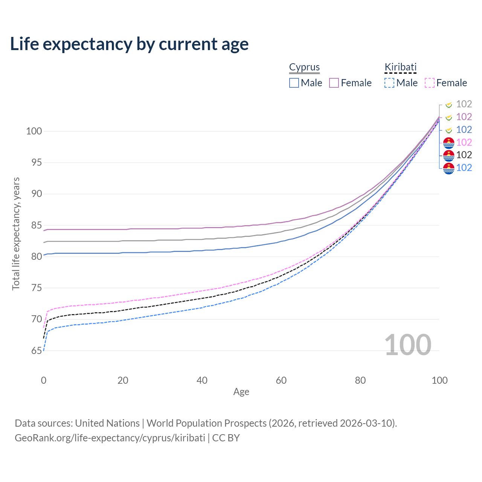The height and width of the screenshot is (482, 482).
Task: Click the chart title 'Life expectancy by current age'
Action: (x=129, y=44)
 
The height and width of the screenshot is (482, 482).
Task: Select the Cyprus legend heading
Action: (x=304, y=67)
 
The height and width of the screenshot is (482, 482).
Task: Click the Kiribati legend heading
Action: (x=400, y=67)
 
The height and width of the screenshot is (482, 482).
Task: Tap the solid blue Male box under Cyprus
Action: (x=294, y=83)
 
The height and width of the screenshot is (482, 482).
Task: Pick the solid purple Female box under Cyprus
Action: (x=334, y=83)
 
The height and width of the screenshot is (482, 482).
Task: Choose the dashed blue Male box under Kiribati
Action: (x=389, y=83)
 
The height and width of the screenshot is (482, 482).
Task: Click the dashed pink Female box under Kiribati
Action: (x=429, y=83)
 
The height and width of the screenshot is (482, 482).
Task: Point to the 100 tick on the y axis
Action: (x=34, y=131)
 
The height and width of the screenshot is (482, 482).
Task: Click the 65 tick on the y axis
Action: (x=37, y=351)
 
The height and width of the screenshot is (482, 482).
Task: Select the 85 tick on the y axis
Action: (x=37, y=225)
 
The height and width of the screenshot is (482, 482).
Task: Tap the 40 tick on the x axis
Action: (x=202, y=380)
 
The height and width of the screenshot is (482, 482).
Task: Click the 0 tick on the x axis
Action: (x=44, y=380)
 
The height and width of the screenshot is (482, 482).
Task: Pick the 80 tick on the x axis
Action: (x=360, y=380)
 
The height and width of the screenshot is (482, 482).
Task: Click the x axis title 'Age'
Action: (x=241, y=392)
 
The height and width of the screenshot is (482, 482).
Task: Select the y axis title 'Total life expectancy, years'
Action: (x=16, y=234)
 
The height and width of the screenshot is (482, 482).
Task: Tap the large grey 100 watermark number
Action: (x=408, y=345)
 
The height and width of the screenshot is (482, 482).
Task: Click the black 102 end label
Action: (x=464, y=155)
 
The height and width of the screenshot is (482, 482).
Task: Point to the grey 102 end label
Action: (x=464, y=104)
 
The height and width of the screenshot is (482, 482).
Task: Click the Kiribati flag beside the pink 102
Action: (x=448, y=143)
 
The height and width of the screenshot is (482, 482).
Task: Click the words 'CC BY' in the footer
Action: (x=226, y=438)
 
